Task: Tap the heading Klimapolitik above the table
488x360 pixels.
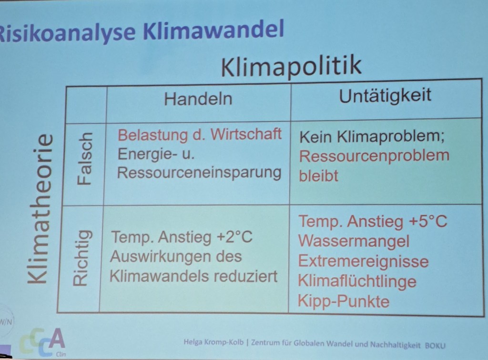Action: (x=291, y=66)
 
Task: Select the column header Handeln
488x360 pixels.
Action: (x=198, y=99)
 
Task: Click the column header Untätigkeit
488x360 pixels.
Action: (x=385, y=95)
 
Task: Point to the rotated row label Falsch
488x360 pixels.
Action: (x=85, y=159)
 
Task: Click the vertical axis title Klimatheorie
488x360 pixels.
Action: (x=41, y=209)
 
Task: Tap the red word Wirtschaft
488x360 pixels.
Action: (x=246, y=134)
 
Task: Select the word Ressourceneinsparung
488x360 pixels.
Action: (x=199, y=173)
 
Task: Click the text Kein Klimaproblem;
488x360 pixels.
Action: (x=372, y=137)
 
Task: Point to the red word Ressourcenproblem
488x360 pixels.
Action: (x=374, y=156)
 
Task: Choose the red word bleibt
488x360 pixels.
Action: (x=318, y=176)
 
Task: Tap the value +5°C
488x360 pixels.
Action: (x=428, y=221)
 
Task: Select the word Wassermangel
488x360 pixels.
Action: (x=354, y=241)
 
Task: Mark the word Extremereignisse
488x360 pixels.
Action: (x=363, y=261)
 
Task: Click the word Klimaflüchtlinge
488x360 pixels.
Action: (x=357, y=281)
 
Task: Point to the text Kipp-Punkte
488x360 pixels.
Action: (x=343, y=301)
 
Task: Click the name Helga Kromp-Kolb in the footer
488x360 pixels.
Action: (x=213, y=342)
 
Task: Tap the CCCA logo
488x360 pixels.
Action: (x=42, y=342)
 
